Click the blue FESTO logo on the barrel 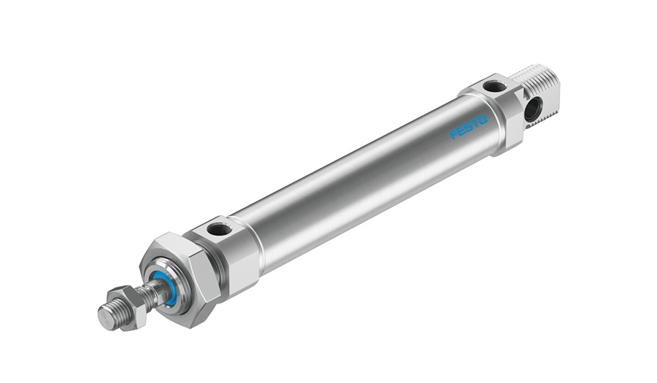[469, 127]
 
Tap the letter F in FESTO [453, 134]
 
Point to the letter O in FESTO [483, 120]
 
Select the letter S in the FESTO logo [469, 127]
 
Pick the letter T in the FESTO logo [475, 123]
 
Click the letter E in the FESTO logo [461, 131]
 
